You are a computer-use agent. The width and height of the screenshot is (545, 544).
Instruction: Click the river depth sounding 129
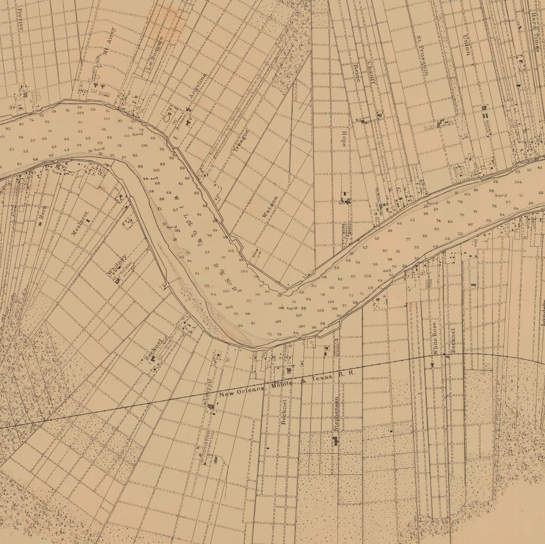(268, 304)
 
